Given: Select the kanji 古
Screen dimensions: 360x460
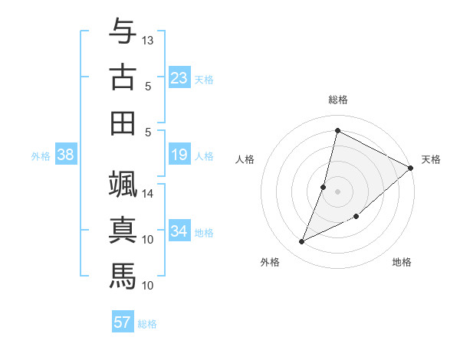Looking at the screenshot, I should (123, 77).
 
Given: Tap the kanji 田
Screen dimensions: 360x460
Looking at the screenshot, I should (123, 123).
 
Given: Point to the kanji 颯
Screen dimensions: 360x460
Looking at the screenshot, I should (123, 184).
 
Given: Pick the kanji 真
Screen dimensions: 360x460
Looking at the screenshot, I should (123, 230).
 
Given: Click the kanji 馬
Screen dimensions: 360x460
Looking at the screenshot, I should (123, 276).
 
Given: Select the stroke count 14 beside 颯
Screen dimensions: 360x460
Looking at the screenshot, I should (148, 193).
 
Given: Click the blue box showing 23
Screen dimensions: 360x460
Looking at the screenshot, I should (179, 77).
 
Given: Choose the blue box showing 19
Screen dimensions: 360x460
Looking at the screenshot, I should (179, 155).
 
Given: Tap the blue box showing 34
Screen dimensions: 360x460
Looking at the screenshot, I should (179, 231).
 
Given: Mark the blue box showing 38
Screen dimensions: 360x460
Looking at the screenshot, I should (66, 155).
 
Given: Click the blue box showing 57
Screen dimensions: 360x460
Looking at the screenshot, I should (122, 322).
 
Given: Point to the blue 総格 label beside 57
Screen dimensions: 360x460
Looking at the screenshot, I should (147, 324).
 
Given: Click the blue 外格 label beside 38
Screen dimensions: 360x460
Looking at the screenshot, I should (41, 156).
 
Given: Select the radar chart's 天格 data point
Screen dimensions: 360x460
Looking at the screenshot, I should (410, 168).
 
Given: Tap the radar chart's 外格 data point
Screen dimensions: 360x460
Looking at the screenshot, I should (302, 242).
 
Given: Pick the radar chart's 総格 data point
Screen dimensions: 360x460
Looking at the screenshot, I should (337, 130).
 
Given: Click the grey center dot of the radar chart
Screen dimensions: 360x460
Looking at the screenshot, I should (338, 191).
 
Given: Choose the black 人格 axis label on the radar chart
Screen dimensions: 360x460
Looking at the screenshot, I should (245, 159).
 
